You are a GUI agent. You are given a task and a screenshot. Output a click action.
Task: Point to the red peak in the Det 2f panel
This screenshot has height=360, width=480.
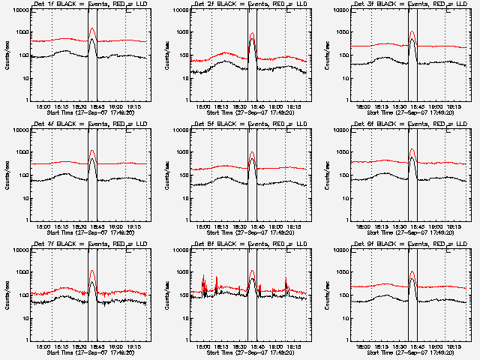click(x=252, y=34)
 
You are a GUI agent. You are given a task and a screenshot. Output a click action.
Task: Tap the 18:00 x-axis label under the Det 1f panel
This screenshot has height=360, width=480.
click(x=51, y=107)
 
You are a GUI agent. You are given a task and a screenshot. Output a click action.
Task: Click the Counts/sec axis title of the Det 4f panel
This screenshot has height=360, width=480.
click(x=6, y=175)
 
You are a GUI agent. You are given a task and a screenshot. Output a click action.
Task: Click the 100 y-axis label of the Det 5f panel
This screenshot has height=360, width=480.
click(x=182, y=175)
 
